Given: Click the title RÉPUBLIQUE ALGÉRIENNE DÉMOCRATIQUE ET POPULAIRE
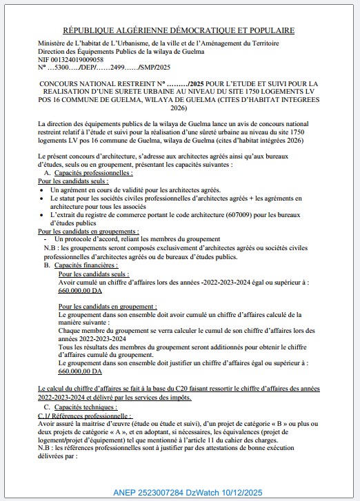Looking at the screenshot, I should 179,30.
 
